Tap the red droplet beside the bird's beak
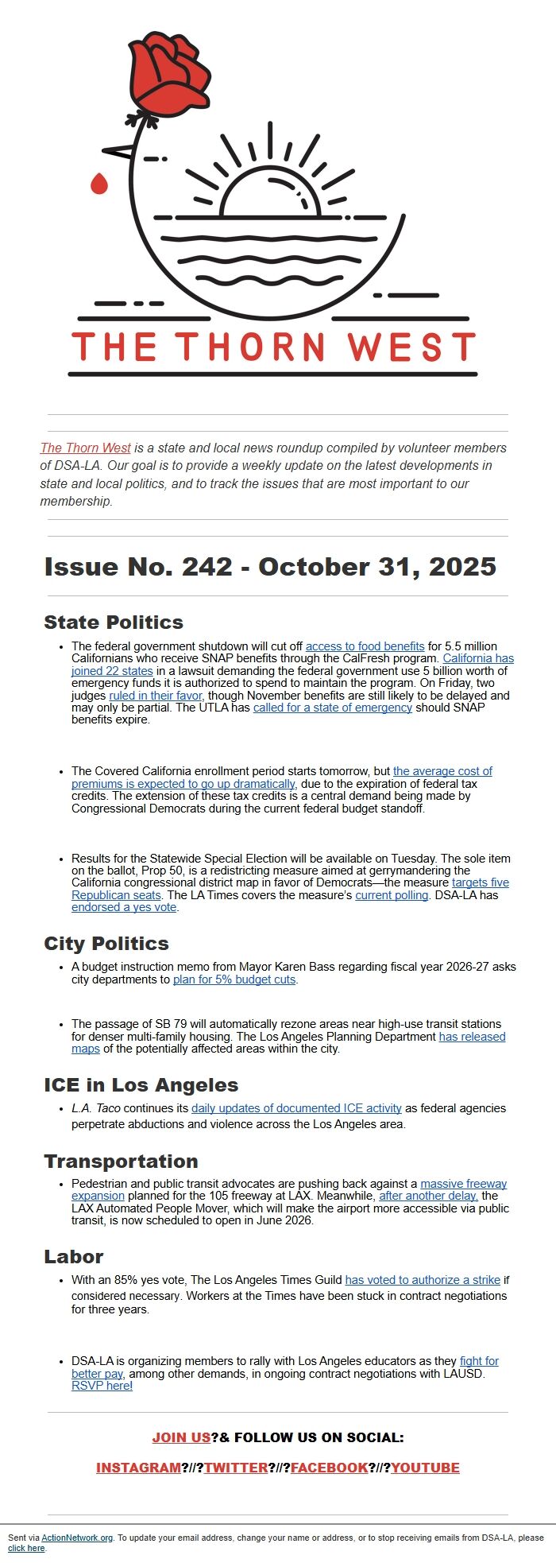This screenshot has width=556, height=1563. [x=98, y=184]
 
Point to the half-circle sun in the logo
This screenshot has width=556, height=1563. [x=270, y=196]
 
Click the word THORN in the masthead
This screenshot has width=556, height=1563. [x=250, y=347]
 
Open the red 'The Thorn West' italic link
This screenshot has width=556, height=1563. [x=85, y=448]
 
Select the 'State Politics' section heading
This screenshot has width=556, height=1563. [x=114, y=622]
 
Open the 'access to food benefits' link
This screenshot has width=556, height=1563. [x=365, y=646]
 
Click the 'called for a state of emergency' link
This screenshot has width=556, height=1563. [x=332, y=708]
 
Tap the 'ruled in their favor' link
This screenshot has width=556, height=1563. [x=156, y=696]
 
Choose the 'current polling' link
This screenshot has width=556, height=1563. [x=391, y=895]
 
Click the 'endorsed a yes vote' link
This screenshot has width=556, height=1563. [x=124, y=907]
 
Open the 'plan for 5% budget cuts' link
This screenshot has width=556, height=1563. [x=234, y=979]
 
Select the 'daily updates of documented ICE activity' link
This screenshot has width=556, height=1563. [x=296, y=1108]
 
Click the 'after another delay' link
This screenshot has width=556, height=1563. [x=428, y=1196]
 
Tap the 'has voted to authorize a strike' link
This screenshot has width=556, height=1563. [x=423, y=1280]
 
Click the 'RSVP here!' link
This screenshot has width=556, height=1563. [x=102, y=1386]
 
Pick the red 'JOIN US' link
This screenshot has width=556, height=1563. [x=181, y=1437]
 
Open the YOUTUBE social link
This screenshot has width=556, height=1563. [x=425, y=1468]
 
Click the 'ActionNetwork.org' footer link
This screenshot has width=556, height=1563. [x=77, y=1538]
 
